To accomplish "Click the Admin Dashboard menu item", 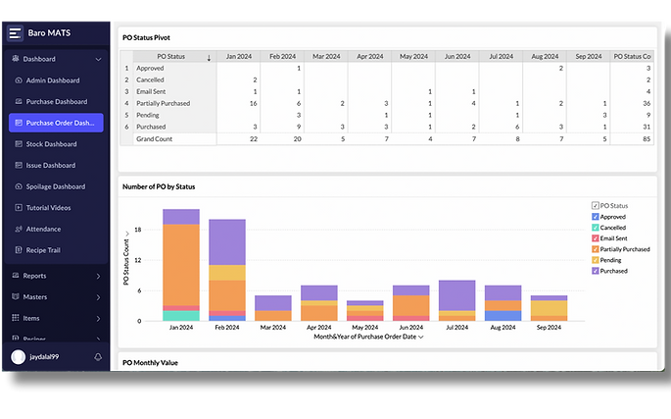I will point(52,80).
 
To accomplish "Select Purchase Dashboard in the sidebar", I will point(56,102).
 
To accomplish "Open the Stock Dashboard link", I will point(51,144).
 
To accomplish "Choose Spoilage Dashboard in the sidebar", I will point(55,186).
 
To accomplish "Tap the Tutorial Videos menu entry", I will point(49,208).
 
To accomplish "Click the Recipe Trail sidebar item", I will point(44,250).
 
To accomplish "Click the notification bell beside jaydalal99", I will point(98,357).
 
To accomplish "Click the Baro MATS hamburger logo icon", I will point(15,32).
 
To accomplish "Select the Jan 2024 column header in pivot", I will point(238,57).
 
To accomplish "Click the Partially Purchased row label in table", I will point(163,103).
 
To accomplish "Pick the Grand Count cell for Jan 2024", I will point(238,139).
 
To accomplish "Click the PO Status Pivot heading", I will point(153,37).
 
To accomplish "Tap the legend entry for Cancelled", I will point(617,227).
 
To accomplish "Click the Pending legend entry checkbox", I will point(595,260).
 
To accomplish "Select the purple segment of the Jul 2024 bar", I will point(456,294).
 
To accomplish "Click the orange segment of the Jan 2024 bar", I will point(181,265).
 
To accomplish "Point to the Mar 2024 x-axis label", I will point(272,327).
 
